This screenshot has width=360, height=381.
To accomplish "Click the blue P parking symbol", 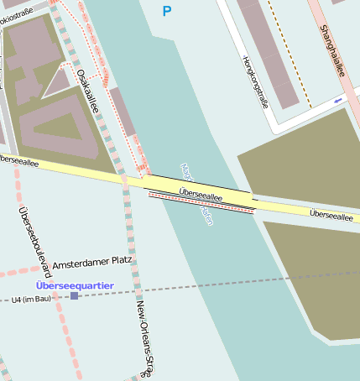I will coord(166,11).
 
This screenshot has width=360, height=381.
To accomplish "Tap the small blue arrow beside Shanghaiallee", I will coord(338,101).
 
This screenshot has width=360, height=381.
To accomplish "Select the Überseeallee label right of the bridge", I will coord(331,216).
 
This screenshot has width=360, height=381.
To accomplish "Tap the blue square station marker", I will coord(74,296).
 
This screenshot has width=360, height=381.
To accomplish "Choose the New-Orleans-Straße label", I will coord(144,336).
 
